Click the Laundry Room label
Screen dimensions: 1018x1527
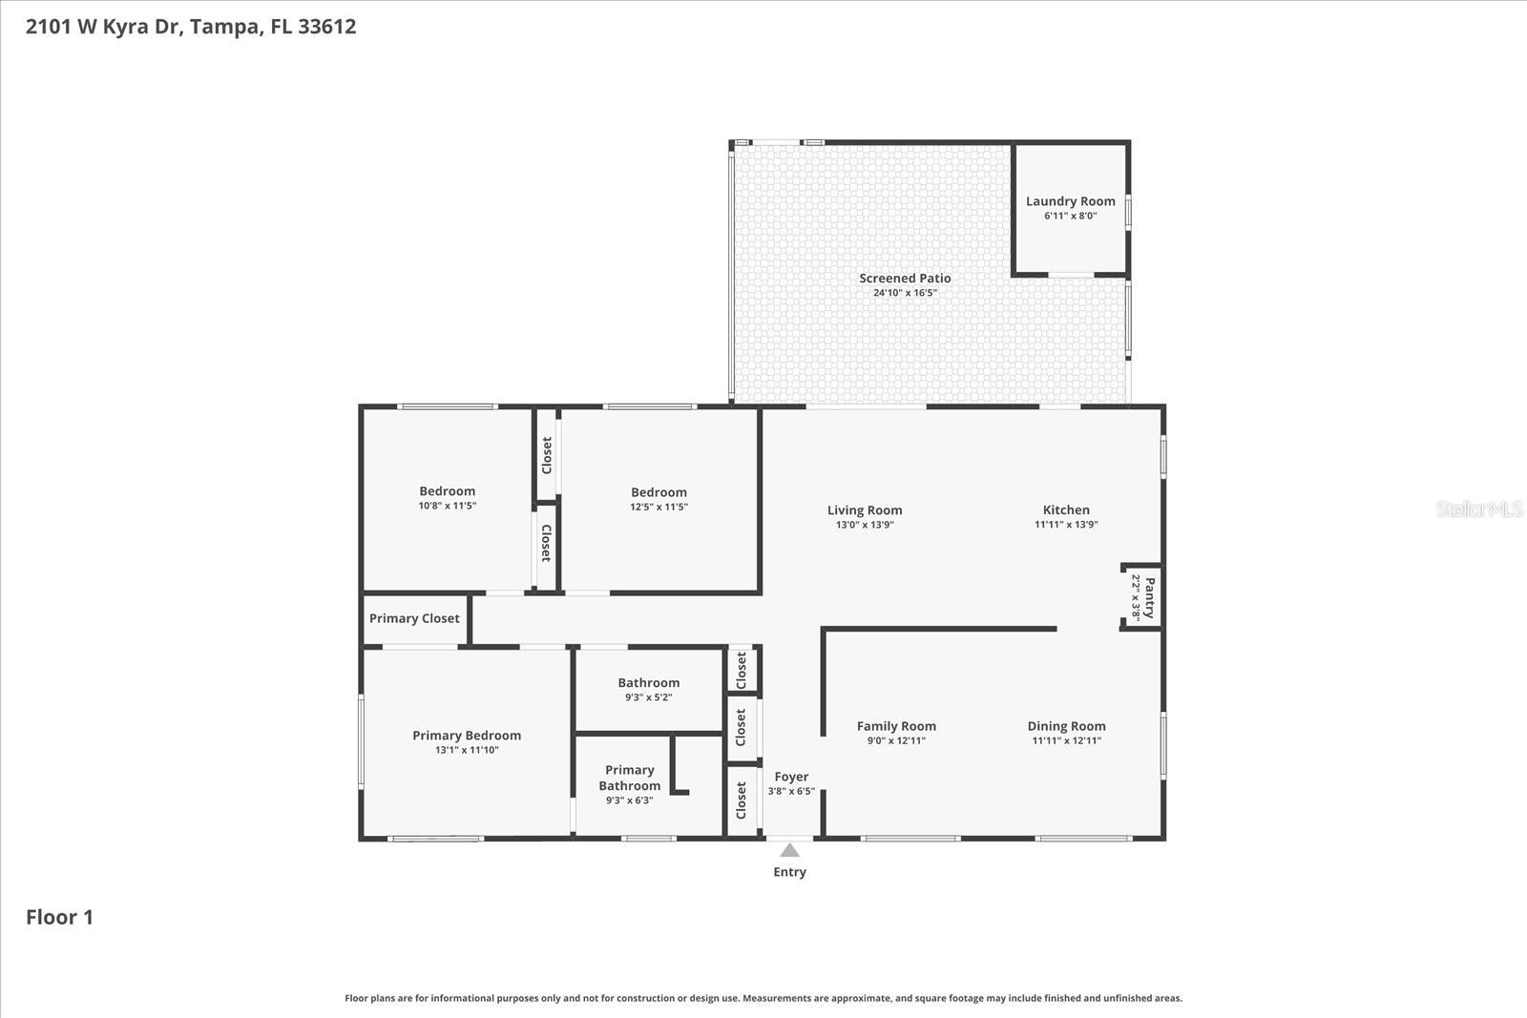[1070, 201]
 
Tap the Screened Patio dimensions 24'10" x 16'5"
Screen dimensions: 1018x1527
[905, 293]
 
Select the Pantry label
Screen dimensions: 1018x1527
[1150, 597]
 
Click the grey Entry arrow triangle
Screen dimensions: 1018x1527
[789, 850]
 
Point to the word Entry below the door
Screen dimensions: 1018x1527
[789, 872]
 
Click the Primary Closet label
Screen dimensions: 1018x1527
[414, 618]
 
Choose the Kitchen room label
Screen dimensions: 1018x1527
[1066, 510]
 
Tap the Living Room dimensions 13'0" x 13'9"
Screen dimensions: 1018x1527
[865, 525]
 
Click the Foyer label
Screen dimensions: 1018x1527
[791, 777]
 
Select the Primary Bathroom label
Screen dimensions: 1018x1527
[630, 778]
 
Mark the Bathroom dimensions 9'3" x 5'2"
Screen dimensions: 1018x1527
[648, 697]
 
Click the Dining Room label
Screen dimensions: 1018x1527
[1066, 726]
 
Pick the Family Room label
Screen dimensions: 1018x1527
[896, 726]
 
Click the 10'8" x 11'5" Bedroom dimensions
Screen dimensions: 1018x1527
[447, 506]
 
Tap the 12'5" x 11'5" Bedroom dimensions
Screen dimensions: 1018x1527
[659, 507]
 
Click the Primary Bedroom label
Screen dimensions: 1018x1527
[467, 736]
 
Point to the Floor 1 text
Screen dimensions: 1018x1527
[59, 917]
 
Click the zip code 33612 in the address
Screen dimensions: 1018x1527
[326, 27]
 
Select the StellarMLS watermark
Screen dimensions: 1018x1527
[1478, 509]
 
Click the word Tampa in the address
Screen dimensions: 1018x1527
[224, 27]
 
